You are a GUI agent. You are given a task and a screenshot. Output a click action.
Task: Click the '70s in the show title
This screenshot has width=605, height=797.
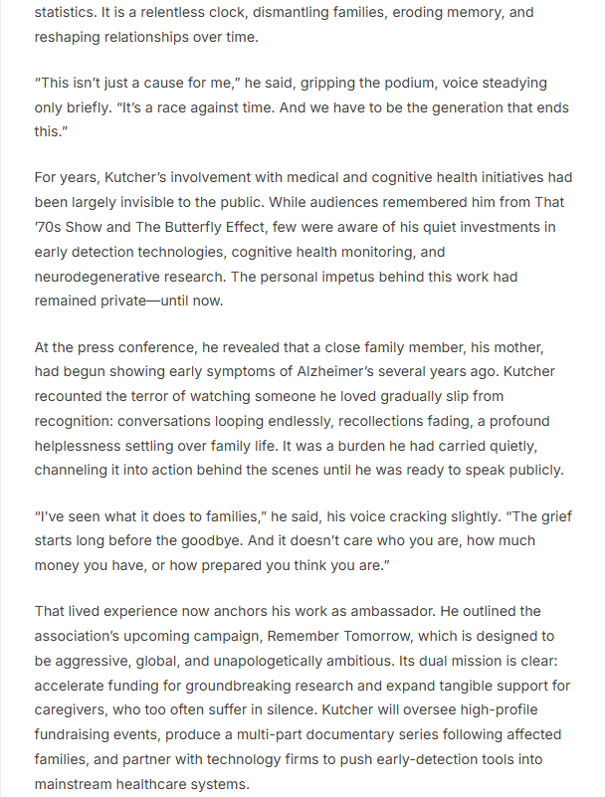(48, 228)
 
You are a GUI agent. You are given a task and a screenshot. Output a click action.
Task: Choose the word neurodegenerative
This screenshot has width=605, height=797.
(98, 276)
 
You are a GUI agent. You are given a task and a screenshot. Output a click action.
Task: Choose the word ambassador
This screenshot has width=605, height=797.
(336, 611)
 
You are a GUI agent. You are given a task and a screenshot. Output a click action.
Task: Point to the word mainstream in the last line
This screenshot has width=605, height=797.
(75, 782)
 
